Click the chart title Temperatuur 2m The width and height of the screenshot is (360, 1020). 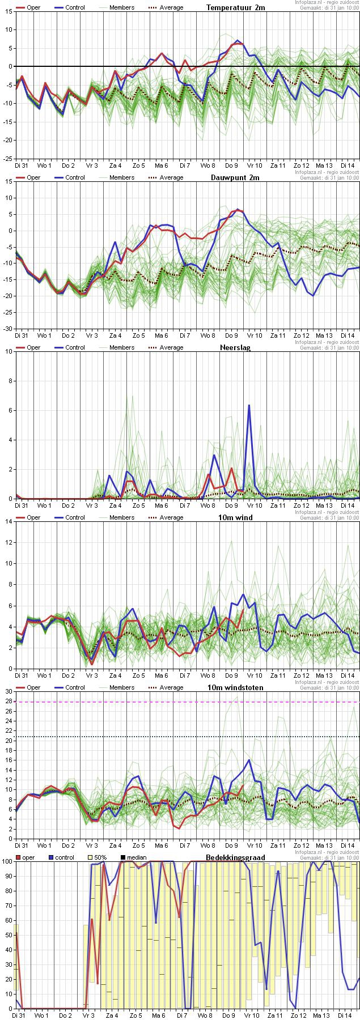point(235,7)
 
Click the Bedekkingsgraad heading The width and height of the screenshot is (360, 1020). point(235,857)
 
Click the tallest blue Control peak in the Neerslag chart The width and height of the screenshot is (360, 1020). point(249,405)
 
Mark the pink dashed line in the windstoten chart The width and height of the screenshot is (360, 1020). point(187,702)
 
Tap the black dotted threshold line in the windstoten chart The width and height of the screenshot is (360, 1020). point(187,737)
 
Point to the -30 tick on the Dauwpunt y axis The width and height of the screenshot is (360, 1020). point(8,329)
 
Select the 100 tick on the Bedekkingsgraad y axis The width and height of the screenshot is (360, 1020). point(6,861)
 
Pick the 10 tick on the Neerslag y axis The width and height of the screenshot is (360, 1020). point(8,351)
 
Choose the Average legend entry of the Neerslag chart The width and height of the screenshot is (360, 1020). point(171,347)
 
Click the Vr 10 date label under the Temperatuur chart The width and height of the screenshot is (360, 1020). point(255,165)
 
